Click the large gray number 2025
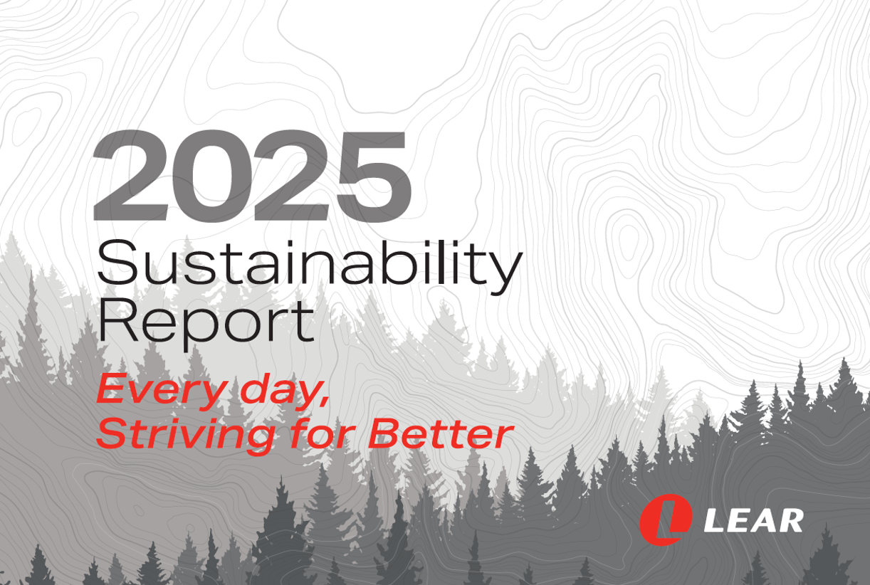(252, 176)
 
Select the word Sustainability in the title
(310, 267)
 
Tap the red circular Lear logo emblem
(666, 520)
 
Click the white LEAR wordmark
(753, 520)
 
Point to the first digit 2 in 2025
(130, 176)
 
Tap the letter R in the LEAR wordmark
(790, 520)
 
